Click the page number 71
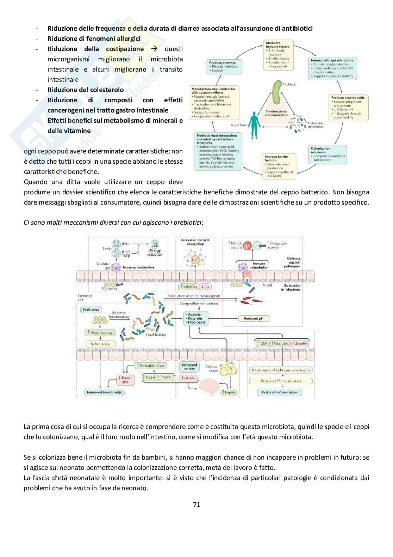(196, 504)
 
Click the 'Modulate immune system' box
(278, 54)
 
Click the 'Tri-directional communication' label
(277, 113)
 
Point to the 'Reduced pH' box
(256, 319)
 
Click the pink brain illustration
(206, 387)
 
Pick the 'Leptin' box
(229, 392)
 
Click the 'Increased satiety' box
(189, 367)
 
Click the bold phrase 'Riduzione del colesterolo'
(86, 90)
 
